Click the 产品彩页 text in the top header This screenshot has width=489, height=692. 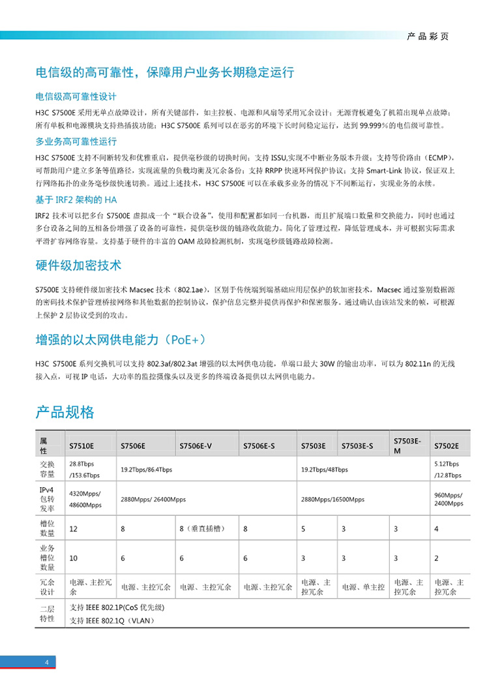pos(428,37)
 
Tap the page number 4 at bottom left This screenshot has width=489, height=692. pos(47,663)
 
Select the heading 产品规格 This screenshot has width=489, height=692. pos(65,412)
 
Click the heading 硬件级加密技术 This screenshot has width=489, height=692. pos(78,266)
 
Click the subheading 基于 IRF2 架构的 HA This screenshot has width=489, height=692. pos(76,200)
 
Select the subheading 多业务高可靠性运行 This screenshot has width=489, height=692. pos(76,142)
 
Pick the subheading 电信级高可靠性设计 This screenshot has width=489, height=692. pos(76,96)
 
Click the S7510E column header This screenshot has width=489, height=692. pos(82,446)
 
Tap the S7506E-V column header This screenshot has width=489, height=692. pos(196,446)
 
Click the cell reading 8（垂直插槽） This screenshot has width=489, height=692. pos(201,528)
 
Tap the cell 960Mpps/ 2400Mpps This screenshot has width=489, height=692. pos(449,499)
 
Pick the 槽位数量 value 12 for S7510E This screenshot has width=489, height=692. pos(74,528)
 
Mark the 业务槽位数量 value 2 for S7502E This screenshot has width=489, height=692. pos(436,558)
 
